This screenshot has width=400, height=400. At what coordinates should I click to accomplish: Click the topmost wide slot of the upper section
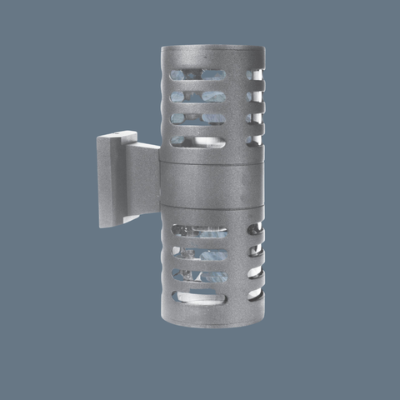[x=197, y=75]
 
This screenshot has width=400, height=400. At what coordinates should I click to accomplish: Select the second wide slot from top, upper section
[x=197, y=97]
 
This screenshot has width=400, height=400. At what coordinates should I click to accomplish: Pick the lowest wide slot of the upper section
[x=197, y=142]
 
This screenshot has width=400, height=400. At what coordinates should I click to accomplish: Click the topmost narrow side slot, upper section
[x=254, y=75]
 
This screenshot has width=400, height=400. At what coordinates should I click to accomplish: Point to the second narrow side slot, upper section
[x=254, y=97]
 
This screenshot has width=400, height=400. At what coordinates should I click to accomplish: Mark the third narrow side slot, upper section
[x=254, y=118]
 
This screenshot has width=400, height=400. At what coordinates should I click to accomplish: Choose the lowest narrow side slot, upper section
[x=254, y=140]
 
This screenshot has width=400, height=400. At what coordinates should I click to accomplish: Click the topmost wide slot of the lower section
[x=199, y=231]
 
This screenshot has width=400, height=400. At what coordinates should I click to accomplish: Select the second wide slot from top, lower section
[x=199, y=252]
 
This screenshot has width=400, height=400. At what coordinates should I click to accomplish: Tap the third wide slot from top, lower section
[x=199, y=275]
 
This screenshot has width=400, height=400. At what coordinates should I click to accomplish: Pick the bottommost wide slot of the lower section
[x=199, y=297]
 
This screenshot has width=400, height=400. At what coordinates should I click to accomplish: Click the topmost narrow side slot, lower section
[x=255, y=228]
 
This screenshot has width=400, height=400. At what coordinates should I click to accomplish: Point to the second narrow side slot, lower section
[x=255, y=250]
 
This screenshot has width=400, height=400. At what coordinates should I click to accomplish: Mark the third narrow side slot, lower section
[x=255, y=272]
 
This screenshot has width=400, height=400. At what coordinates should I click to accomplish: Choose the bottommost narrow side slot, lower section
[x=255, y=294]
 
